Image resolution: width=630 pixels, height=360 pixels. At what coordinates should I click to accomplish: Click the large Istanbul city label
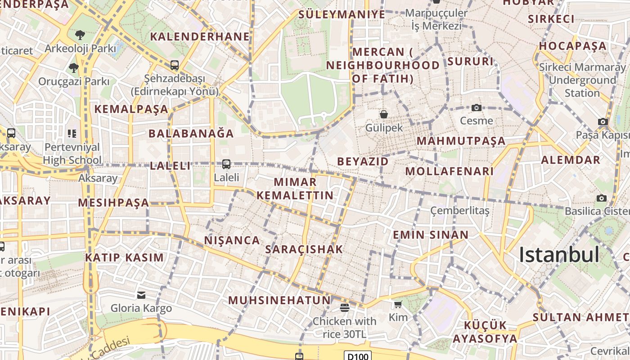coord(559,255)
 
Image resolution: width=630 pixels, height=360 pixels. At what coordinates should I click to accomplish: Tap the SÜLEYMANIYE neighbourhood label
coord(342,14)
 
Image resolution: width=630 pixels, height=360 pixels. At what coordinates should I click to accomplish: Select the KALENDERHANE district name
coord(200,36)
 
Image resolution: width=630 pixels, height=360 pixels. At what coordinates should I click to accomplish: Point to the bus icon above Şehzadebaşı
coord(175,65)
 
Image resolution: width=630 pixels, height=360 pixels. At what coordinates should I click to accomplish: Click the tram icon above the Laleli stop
coord(226,164)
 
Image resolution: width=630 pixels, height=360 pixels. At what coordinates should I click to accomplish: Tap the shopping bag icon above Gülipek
coord(384,114)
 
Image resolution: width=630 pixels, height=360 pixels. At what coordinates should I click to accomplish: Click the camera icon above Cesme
coord(477,108)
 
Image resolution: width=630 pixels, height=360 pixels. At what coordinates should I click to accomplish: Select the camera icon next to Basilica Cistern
coord(602,198)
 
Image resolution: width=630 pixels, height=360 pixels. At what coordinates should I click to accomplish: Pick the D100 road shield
coord(358,356)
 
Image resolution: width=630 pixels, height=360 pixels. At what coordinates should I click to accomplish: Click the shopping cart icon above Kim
coord(398,305)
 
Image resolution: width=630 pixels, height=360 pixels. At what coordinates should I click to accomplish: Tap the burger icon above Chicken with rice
coord(345,308)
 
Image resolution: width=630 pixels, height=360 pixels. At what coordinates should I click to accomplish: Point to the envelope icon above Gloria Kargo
coord(141,295)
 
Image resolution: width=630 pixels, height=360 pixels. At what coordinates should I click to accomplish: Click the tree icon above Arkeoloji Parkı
coord(80,35)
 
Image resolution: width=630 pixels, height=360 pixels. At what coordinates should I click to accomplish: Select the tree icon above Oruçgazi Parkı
coord(74,68)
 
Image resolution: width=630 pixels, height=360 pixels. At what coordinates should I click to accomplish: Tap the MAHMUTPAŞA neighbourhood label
coord(461,141)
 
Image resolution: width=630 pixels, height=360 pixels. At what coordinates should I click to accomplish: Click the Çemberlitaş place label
coord(459,211)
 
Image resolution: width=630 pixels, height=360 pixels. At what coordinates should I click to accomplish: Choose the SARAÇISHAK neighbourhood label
coord(304,249)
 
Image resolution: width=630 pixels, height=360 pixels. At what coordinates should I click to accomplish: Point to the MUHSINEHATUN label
coord(279,300)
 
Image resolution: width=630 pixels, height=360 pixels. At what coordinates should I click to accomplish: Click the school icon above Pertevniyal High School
coord(72,134)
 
